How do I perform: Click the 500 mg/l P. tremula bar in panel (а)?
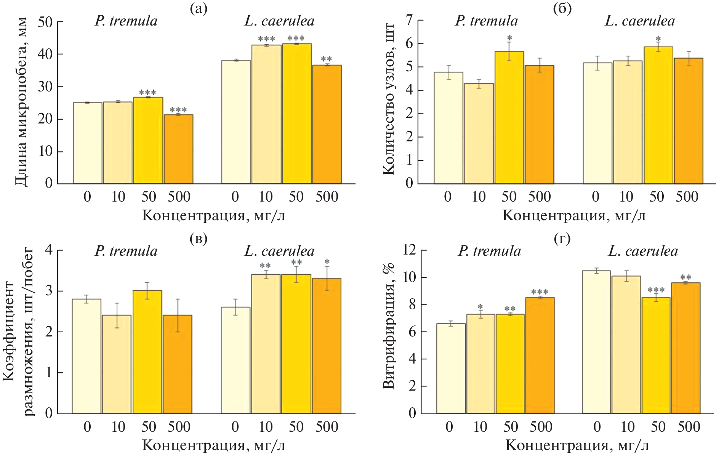178,149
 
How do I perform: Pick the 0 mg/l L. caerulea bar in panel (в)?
235,360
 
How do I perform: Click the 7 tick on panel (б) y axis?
409,20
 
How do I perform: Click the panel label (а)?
198,8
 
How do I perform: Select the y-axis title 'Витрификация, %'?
388,326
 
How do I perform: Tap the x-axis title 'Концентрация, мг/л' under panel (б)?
574,216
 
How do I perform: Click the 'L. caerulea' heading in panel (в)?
279,251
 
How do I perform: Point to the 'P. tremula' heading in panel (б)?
486,21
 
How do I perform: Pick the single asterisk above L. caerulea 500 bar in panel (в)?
327,262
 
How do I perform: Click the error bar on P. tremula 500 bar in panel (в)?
178,315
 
